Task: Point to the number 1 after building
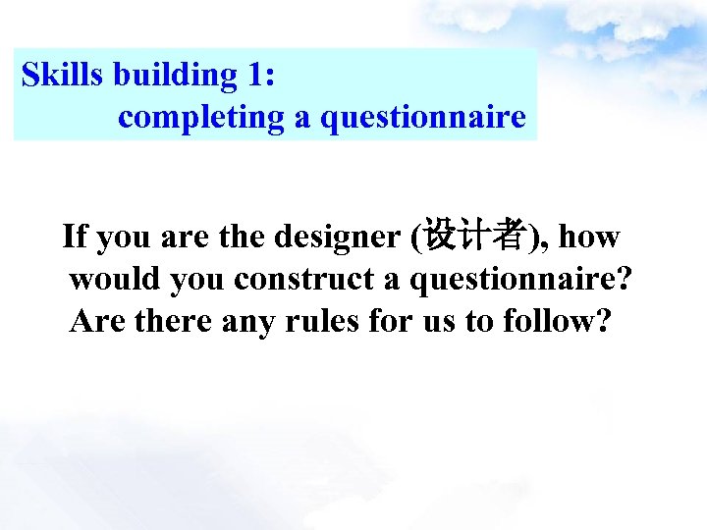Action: pos(257,75)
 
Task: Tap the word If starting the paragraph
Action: pos(74,237)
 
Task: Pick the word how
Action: pos(590,237)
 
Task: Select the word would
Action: pos(115,279)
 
